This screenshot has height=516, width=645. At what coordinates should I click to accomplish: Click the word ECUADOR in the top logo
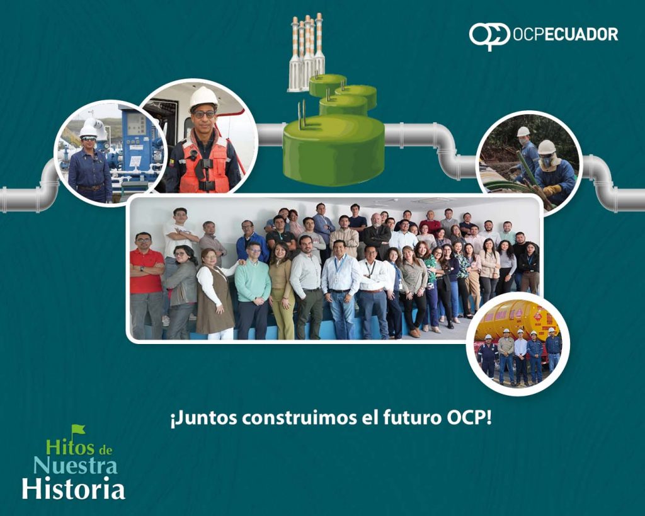[x=581, y=34]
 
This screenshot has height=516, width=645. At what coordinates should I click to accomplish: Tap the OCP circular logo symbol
[x=489, y=35]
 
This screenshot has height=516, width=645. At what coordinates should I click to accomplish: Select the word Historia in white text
[x=73, y=489]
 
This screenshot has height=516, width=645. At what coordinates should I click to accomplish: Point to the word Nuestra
[x=76, y=466]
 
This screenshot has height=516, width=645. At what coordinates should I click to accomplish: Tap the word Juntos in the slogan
[x=204, y=418]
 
